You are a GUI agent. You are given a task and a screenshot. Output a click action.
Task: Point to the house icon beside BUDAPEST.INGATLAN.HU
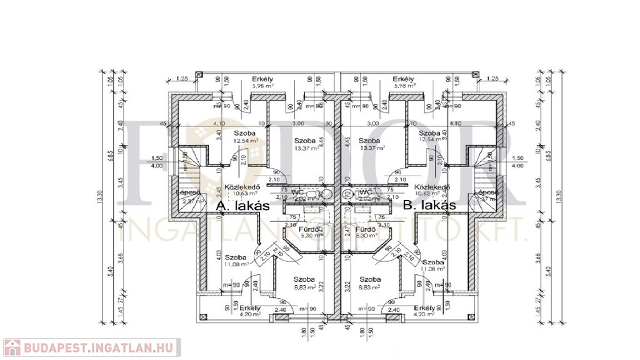click(12, 347)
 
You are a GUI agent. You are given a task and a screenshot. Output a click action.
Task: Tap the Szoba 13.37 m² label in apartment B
click(371, 144)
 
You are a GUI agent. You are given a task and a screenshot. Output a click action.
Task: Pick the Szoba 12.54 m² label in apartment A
click(245, 137)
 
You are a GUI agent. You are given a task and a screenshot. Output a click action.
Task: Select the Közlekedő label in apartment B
click(433, 187)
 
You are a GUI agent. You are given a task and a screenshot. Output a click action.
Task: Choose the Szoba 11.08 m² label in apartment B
click(432, 266)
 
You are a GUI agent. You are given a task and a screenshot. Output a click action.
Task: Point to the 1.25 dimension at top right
click(491, 78)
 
